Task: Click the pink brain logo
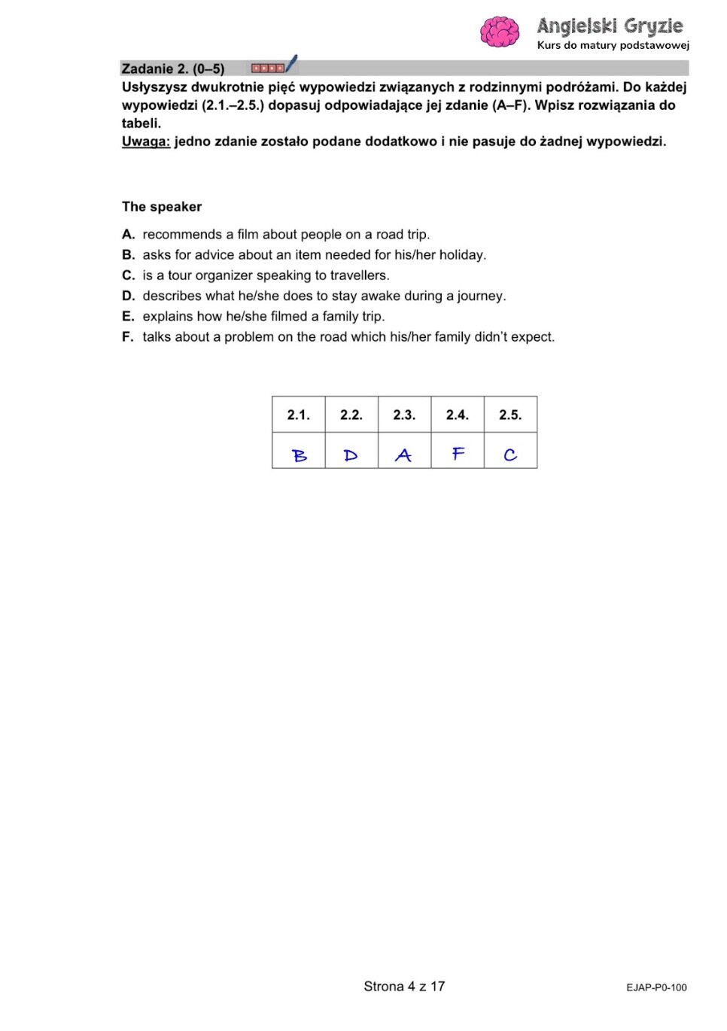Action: (x=500, y=32)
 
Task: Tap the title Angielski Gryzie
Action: (x=610, y=26)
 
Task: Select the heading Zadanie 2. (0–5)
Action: (x=173, y=68)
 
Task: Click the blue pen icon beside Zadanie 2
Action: (x=291, y=64)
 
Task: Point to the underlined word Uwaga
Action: (x=146, y=141)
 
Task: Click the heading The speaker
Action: (x=162, y=207)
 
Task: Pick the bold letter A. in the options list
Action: (x=129, y=235)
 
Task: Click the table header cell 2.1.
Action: (x=299, y=415)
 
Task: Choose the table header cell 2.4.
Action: (x=458, y=415)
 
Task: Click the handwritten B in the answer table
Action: (x=300, y=455)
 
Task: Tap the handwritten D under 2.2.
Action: (x=351, y=455)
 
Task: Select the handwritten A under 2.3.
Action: (x=403, y=455)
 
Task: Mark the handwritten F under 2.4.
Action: (x=458, y=454)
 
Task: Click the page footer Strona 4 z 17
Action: (x=404, y=987)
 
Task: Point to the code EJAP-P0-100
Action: (x=656, y=988)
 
